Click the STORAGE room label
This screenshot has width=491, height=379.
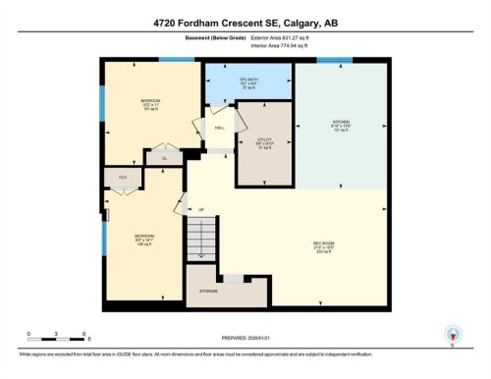(207, 290)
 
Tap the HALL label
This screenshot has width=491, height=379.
(221, 128)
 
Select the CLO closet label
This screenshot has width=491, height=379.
(124, 178)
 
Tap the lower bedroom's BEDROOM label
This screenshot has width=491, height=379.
(143, 237)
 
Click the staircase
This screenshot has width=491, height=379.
(200, 240)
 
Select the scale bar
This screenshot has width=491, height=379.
(57, 339)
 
